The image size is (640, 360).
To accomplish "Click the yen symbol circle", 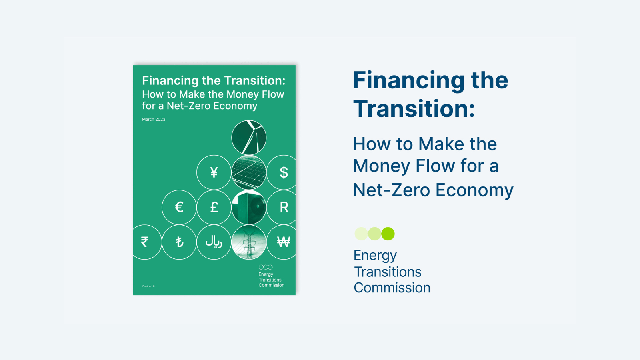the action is click(214, 172).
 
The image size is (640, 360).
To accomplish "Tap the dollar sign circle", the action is click(282, 172).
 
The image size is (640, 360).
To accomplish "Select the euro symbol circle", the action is click(179, 207).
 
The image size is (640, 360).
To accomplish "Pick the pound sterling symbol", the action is click(214, 207).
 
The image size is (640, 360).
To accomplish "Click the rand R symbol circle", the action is click(282, 207).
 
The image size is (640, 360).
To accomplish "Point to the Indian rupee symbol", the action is click(144, 242).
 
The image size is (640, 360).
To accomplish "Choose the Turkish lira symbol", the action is click(180, 242).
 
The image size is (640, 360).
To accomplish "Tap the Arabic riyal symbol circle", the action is click(214, 242).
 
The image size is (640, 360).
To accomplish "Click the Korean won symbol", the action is click(284, 242).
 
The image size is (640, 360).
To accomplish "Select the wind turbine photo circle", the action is click(249, 138).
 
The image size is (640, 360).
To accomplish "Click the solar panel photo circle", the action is click(249, 172).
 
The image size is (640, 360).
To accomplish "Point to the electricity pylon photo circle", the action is click(249, 242).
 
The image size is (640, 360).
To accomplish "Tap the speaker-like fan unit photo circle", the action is click(249, 207).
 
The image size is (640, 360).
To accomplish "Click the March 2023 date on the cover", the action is click(154, 120).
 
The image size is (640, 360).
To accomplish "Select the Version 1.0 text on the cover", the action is click(148, 286).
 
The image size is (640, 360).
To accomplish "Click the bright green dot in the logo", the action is click(388, 234).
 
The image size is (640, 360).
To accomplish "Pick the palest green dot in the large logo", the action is click(361, 234).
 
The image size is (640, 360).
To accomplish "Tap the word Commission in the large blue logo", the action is click(392, 288).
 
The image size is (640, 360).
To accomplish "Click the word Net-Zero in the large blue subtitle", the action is click(392, 190).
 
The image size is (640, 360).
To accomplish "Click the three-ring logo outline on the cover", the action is click(266, 267).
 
